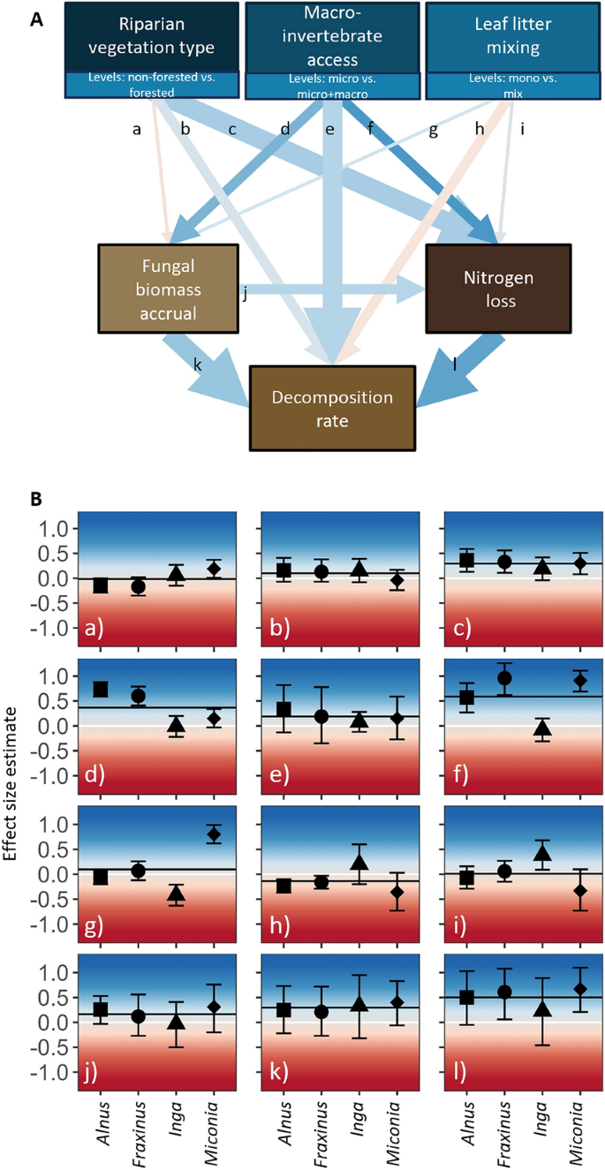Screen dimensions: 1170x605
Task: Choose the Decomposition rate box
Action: pyautogui.click(x=332, y=409)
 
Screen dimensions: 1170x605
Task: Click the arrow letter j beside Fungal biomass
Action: pyautogui.click(x=244, y=294)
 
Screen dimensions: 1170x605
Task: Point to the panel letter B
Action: pyautogui.click(x=36, y=498)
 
